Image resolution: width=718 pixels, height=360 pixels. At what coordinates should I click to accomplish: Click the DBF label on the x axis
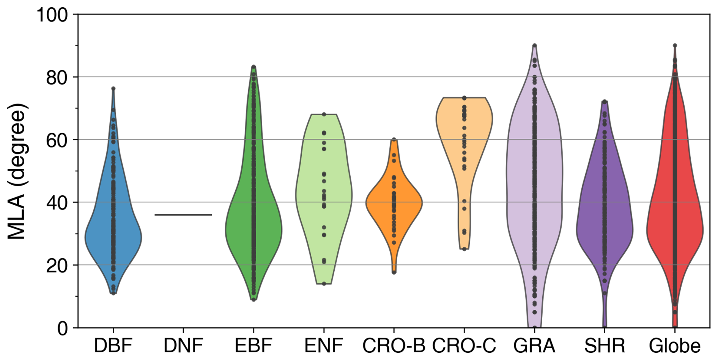coord(113,346)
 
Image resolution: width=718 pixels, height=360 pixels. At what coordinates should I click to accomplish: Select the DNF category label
coord(183,346)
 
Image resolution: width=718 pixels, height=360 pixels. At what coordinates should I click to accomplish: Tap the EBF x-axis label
coord(253,346)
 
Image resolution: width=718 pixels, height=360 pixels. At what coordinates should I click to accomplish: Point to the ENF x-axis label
coord(323,346)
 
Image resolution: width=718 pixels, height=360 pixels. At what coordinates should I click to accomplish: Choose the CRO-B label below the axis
coord(394,346)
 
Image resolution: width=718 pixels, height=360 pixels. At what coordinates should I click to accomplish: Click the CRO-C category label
coord(464,346)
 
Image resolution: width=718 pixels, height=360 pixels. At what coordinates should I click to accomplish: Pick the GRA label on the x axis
coord(534,346)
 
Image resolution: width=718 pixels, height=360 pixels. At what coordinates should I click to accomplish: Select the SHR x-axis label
coord(605,346)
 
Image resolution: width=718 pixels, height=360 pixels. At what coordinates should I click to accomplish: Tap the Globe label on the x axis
coord(675,346)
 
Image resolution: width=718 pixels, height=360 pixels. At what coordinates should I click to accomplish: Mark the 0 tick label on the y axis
coord(63,328)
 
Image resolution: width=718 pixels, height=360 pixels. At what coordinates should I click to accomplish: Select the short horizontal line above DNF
coord(183,215)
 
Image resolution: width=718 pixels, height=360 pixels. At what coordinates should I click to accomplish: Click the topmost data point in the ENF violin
coord(324,114)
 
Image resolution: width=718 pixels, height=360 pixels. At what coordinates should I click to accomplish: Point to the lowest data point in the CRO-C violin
coord(464,249)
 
